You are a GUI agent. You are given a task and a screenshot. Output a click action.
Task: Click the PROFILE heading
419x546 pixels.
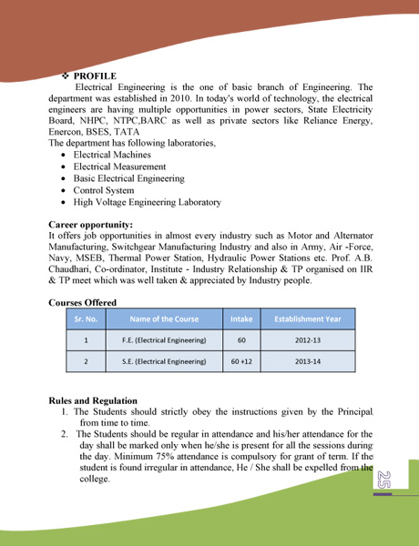[95, 76]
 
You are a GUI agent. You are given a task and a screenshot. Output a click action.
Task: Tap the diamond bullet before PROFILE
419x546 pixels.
[65, 76]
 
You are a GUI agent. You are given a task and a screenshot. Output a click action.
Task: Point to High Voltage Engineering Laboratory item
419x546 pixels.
[147, 202]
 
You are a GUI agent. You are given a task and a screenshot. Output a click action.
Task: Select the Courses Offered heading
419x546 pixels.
[82, 302]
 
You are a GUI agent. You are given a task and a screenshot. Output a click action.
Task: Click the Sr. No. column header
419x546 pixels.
[86, 319]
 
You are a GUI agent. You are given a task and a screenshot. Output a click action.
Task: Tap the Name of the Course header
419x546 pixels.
[164, 319]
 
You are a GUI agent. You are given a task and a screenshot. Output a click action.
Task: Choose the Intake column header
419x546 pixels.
[241, 319]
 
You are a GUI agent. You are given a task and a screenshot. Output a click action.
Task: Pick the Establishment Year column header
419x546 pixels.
[308, 319]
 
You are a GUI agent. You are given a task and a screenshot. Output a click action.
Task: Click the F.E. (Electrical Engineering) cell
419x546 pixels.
[164, 340]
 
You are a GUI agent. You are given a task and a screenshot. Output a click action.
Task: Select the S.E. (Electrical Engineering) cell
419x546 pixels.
[164, 361]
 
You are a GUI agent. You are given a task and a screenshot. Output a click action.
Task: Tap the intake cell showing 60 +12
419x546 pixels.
[241, 361]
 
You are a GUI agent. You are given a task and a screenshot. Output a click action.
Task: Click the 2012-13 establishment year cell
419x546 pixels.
[308, 340]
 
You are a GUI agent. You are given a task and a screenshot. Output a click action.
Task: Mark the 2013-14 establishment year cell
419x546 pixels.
[308, 361]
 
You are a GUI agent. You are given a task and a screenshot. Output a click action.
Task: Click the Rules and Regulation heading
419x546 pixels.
[93, 400]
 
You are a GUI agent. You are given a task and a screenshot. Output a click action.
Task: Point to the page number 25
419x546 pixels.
[383, 481]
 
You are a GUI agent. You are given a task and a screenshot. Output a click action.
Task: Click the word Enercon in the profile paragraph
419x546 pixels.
[66, 131]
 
